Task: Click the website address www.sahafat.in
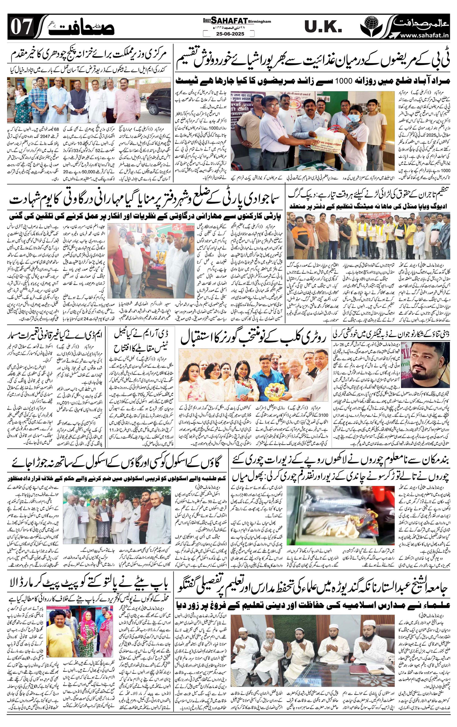pos(424,36)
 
